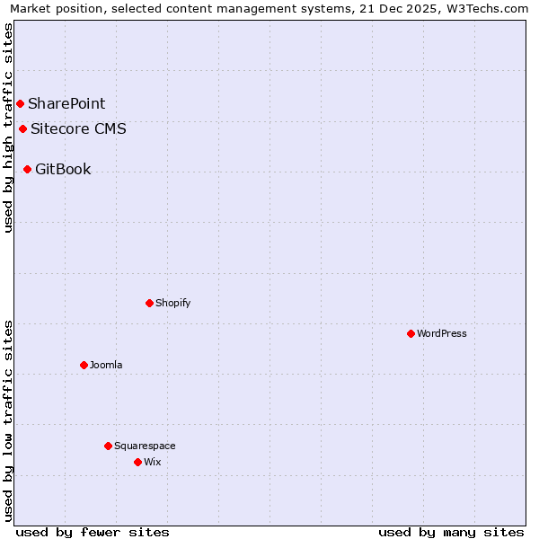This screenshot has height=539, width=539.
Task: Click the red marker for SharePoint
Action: coord(20,103)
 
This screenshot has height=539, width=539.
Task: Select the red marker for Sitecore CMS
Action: coord(22,128)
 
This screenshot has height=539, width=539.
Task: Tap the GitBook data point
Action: coord(27,169)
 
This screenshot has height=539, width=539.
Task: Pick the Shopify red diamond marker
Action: coord(149,303)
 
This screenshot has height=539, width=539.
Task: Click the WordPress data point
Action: coord(411,333)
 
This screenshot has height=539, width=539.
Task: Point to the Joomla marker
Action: coord(84,365)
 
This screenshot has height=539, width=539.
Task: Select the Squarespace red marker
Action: coord(108,446)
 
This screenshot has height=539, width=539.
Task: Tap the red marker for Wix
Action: coord(137,462)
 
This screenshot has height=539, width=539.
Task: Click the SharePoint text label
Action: coord(66,103)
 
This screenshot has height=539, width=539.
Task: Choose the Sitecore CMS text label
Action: coord(78,128)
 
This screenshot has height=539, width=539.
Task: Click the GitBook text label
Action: coord(63,169)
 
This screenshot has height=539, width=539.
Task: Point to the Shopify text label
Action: coord(173,303)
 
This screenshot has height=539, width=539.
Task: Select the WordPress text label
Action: coord(442,333)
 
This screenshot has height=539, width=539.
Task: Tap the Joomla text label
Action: coord(106,365)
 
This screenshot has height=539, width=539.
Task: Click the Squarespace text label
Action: coord(145,446)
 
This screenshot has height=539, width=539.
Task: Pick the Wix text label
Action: coord(153,462)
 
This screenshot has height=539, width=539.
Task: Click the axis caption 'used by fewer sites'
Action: coord(93,532)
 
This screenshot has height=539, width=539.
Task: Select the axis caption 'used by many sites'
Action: coord(451,532)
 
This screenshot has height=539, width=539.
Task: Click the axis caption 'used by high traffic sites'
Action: coord(8,128)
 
